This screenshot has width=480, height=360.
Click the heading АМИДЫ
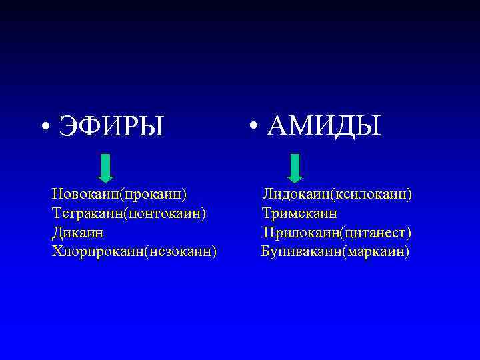[x=324, y=125]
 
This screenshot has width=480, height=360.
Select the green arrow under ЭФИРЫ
[x=105, y=167]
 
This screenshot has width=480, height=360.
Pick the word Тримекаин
[x=299, y=213]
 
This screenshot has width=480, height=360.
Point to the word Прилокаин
[x=301, y=233]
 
